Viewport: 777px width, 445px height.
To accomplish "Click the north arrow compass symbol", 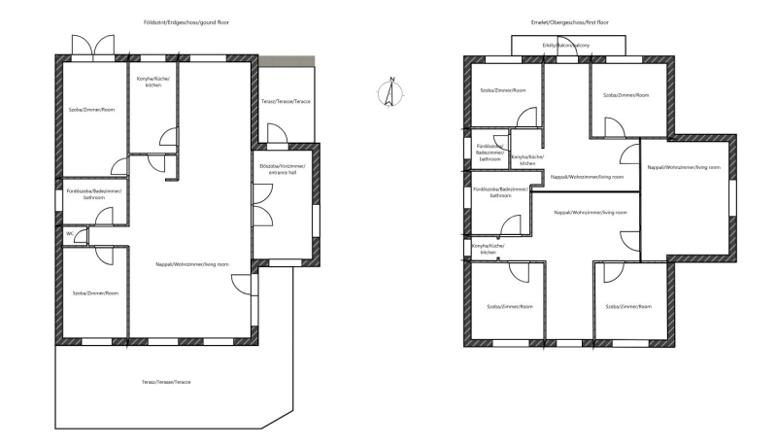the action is [391, 92].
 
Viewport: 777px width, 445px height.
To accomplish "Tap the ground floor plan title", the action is [186, 22].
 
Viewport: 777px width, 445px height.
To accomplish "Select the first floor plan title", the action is [569, 22].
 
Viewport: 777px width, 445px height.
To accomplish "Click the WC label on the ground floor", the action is [70, 233].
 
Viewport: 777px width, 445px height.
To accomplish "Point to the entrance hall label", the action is [282, 169].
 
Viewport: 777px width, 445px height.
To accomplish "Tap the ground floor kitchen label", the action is [153, 82].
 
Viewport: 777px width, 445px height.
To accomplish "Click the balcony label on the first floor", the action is [566, 45].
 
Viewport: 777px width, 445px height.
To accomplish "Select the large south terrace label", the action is [166, 382].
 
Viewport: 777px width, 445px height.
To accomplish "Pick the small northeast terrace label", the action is [286, 102].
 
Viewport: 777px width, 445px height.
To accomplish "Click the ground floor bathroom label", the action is [94, 194].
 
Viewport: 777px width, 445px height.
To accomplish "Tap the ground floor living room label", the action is [192, 264].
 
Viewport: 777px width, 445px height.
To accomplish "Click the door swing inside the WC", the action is [81, 236].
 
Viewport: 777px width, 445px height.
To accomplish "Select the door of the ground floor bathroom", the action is [104, 217].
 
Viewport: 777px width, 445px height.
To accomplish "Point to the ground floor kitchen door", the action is [169, 136].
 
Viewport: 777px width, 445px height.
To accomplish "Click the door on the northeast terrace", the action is [278, 133].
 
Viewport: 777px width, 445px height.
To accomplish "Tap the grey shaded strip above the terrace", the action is [287, 61].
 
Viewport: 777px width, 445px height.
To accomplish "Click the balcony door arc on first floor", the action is [567, 46].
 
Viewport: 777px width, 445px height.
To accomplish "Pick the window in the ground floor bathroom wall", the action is [58, 201].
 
